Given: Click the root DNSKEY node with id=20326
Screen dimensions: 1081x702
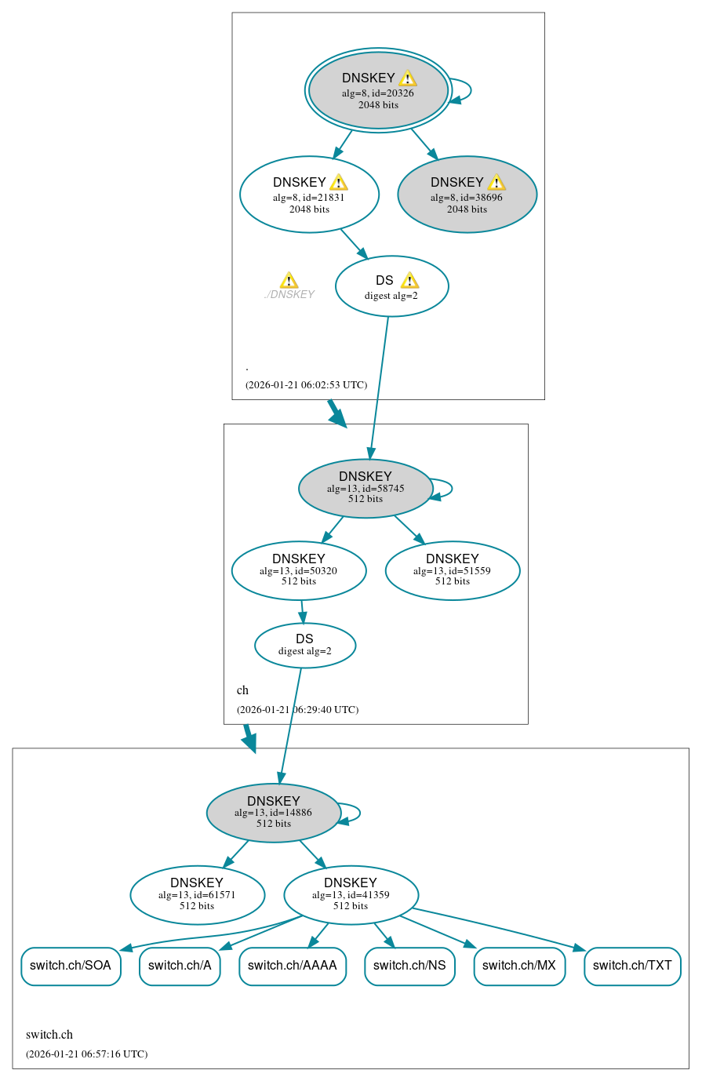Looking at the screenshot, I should click(x=378, y=90).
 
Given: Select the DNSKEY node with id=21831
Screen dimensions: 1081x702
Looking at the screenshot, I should click(x=309, y=195).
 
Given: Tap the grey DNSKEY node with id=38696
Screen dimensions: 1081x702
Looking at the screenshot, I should click(x=467, y=195).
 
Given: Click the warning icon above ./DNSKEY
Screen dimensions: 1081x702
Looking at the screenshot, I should click(x=289, y=281).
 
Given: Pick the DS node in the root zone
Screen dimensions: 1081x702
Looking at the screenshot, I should click(x=391, y=286).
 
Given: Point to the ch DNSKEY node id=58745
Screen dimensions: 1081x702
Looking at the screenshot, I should click(x=366, y=488).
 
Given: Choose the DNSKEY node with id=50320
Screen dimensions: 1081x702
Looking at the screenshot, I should click(x=299, y=570).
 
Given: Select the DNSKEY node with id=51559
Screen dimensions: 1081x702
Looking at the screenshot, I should click(x=453, y=570).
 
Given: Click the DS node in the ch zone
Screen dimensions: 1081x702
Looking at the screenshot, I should click(x=304, y=646).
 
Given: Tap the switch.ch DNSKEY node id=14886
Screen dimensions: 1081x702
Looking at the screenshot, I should click(x=273, y=813).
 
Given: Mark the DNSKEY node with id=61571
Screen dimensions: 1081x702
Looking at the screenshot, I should click(x=197, y=895).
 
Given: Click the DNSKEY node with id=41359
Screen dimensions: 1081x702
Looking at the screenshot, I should click(x=351, y=895).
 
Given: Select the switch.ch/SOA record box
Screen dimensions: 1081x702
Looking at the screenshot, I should click(x=71, y=966).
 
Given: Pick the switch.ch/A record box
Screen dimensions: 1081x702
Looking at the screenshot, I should click(x=180, y=966).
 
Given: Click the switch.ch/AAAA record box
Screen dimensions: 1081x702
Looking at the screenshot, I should click(x=292, y=966).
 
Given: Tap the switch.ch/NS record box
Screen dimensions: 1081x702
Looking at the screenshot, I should click(x=409, y=966).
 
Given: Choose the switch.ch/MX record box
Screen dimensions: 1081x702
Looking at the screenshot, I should click(x=519, y=966).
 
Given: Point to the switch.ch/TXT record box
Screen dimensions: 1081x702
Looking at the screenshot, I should click(x=632, y=966).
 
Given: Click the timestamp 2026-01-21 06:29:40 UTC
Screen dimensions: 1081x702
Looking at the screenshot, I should click(x=298, y=710).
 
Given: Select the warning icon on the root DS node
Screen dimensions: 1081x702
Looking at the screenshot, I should click(x=409, y=281).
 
